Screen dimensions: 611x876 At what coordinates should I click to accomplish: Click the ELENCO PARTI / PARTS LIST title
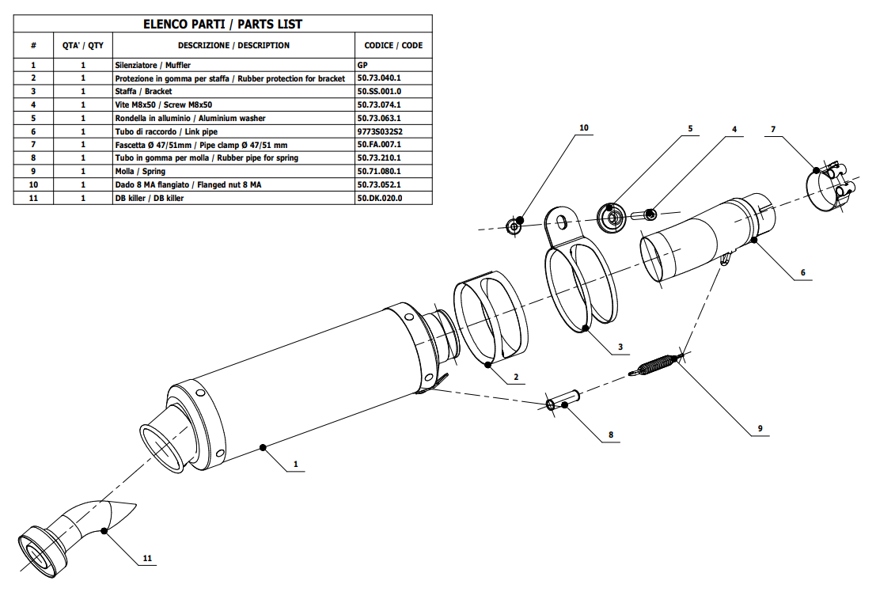222,25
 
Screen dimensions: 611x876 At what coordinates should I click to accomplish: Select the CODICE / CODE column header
393,46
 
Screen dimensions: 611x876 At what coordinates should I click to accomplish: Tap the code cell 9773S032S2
381,131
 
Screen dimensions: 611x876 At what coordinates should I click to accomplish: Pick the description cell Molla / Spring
140,171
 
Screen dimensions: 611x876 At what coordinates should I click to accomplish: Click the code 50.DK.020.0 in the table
381,198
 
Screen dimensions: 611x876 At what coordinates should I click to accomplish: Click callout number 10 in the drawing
584,127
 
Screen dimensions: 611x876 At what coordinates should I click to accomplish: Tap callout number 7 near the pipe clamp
773,128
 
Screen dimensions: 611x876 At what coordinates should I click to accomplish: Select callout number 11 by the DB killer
147,559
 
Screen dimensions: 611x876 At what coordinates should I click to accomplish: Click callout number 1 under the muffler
295,465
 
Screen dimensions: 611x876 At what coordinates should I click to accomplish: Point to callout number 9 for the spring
760,428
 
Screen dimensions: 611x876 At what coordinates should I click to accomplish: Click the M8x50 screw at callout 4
644,213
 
